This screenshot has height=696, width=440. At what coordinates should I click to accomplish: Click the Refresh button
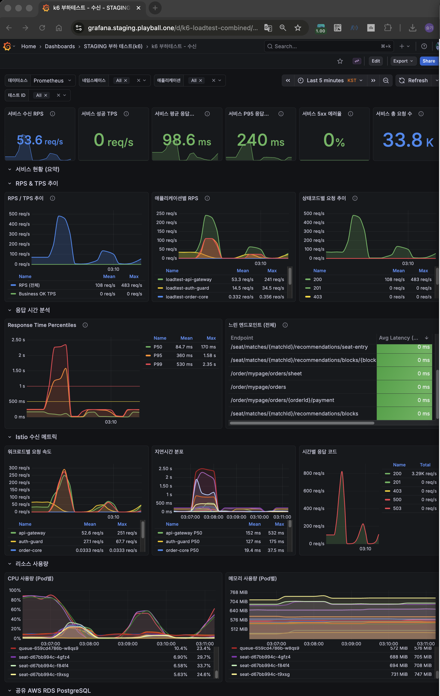pyautogui.click(x=413, y=80)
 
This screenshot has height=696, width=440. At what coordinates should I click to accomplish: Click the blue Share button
pyautogui.click(x=428, y=61)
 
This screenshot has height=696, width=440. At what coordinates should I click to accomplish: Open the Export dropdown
pyautogui.click(x=403, y=61)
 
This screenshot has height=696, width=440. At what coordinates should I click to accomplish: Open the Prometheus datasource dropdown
pyautogui.click(x=52, y=80)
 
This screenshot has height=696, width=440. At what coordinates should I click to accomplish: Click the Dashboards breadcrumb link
pyautogui.click(x=60, y=46)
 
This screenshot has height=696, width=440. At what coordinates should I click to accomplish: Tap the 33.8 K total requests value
pyautogui.click(x=407, y=140)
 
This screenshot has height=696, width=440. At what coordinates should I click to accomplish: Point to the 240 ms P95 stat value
pyautogui.click(x=260, y=140)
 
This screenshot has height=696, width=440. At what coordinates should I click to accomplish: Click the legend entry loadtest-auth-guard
pyautogui.click(x=187, y=288)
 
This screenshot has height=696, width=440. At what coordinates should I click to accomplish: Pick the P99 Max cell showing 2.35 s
pyautogui.click(x=209, y=364)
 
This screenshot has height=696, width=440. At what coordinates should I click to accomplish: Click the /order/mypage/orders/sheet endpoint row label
pyautogui.click(x=266, y=373)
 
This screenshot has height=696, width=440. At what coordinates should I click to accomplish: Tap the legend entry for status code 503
pyautogui.click(x=397, y=508)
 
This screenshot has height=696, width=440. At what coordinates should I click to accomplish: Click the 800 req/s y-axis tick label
pyautogui.click(x=314, y=473)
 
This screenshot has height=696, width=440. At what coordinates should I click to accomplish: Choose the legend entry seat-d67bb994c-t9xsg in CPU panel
pyautogui.click(x=44, y=674)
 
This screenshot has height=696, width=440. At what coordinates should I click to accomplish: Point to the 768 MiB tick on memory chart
pyautogui.click(x=238, y=592)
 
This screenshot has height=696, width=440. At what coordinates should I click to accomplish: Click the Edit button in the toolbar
pyautogui.click(x=375, y=61)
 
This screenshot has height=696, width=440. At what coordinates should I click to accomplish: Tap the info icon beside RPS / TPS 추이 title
pyautogui.click(x=53, y=198)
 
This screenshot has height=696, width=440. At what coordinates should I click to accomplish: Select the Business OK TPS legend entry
pyautogui.click(x=37, y=294)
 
